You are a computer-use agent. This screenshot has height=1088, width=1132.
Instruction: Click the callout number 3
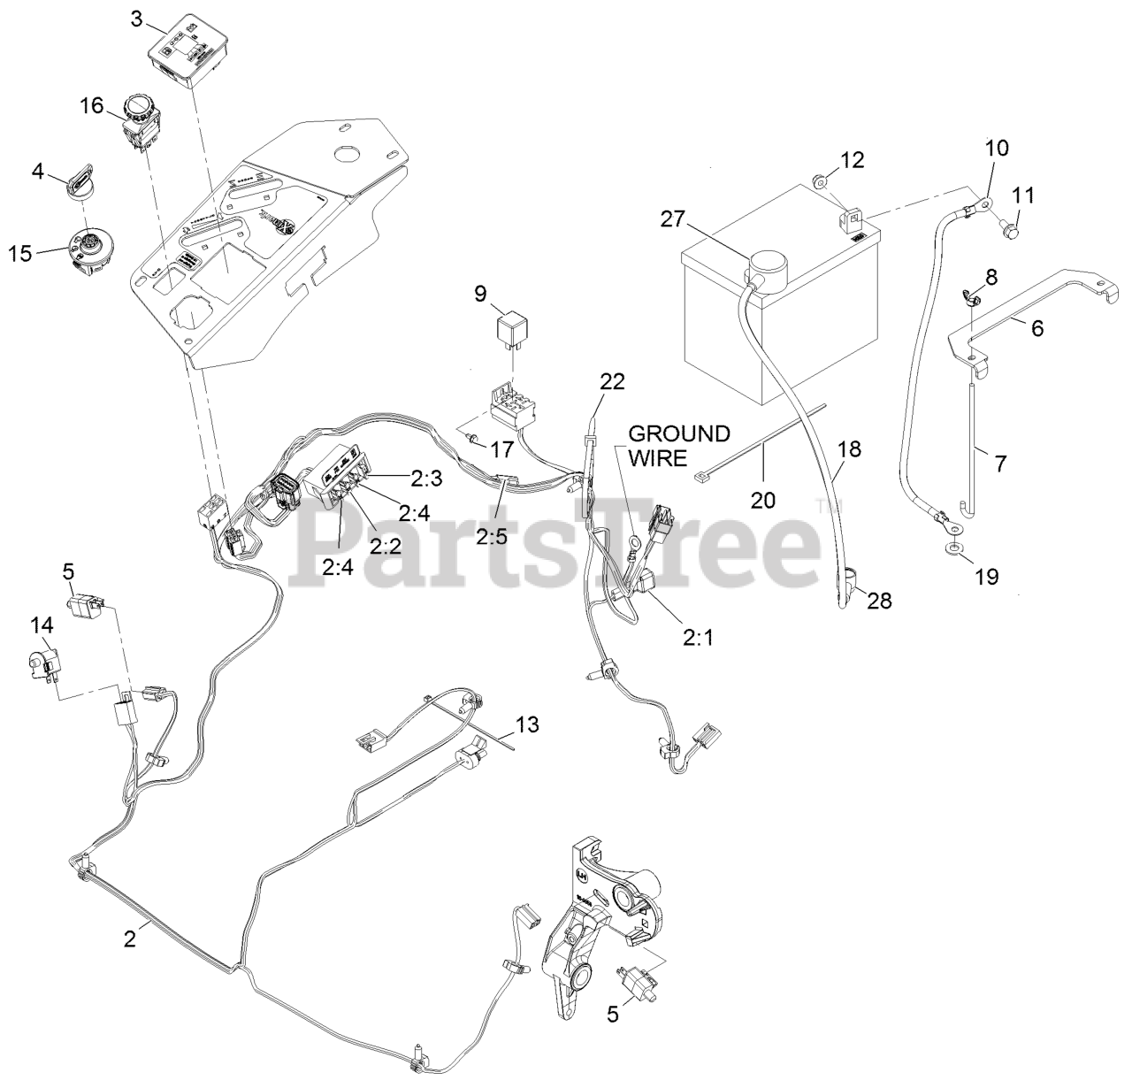pos(136,18)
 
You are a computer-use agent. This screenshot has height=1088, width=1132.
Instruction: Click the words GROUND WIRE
pos(679,445)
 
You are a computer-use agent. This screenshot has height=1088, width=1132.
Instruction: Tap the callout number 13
pos(526,724)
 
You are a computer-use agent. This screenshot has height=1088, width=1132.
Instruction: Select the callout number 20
pos(762,500)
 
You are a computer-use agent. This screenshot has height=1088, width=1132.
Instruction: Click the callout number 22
pos(611,382)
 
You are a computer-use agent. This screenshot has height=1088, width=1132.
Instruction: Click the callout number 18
pos(849,448)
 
